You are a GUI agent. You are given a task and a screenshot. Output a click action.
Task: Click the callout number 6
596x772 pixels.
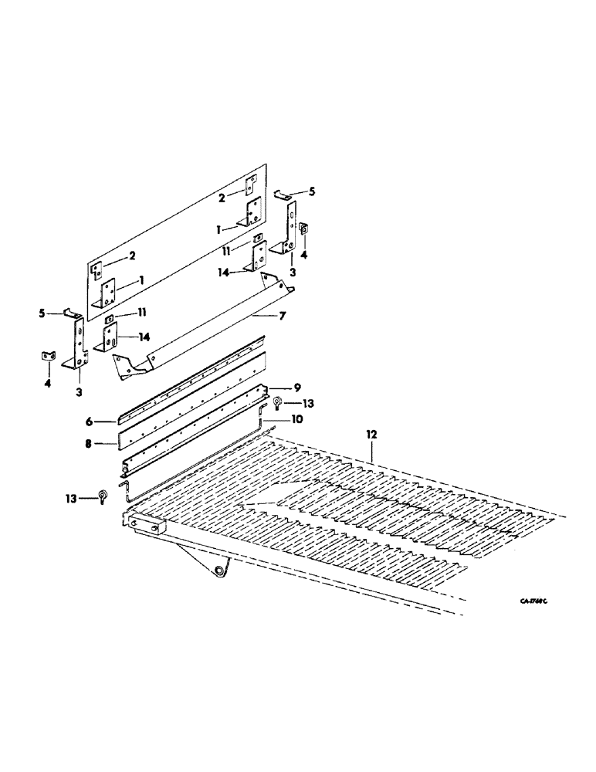tap(89, 421)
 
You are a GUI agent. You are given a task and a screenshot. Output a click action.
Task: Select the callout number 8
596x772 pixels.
tap(89, 445)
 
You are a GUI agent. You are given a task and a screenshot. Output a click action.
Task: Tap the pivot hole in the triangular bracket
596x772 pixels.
tap(222, 571)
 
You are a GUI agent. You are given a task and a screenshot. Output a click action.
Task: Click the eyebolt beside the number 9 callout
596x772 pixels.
tap(277, 401)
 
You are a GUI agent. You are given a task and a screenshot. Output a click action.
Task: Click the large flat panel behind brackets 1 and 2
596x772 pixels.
tap(178, 232)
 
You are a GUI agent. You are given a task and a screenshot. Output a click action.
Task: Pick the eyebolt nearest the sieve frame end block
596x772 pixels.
tap(102, 498)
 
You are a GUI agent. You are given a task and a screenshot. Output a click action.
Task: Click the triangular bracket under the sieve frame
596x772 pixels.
tap(205, 560)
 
